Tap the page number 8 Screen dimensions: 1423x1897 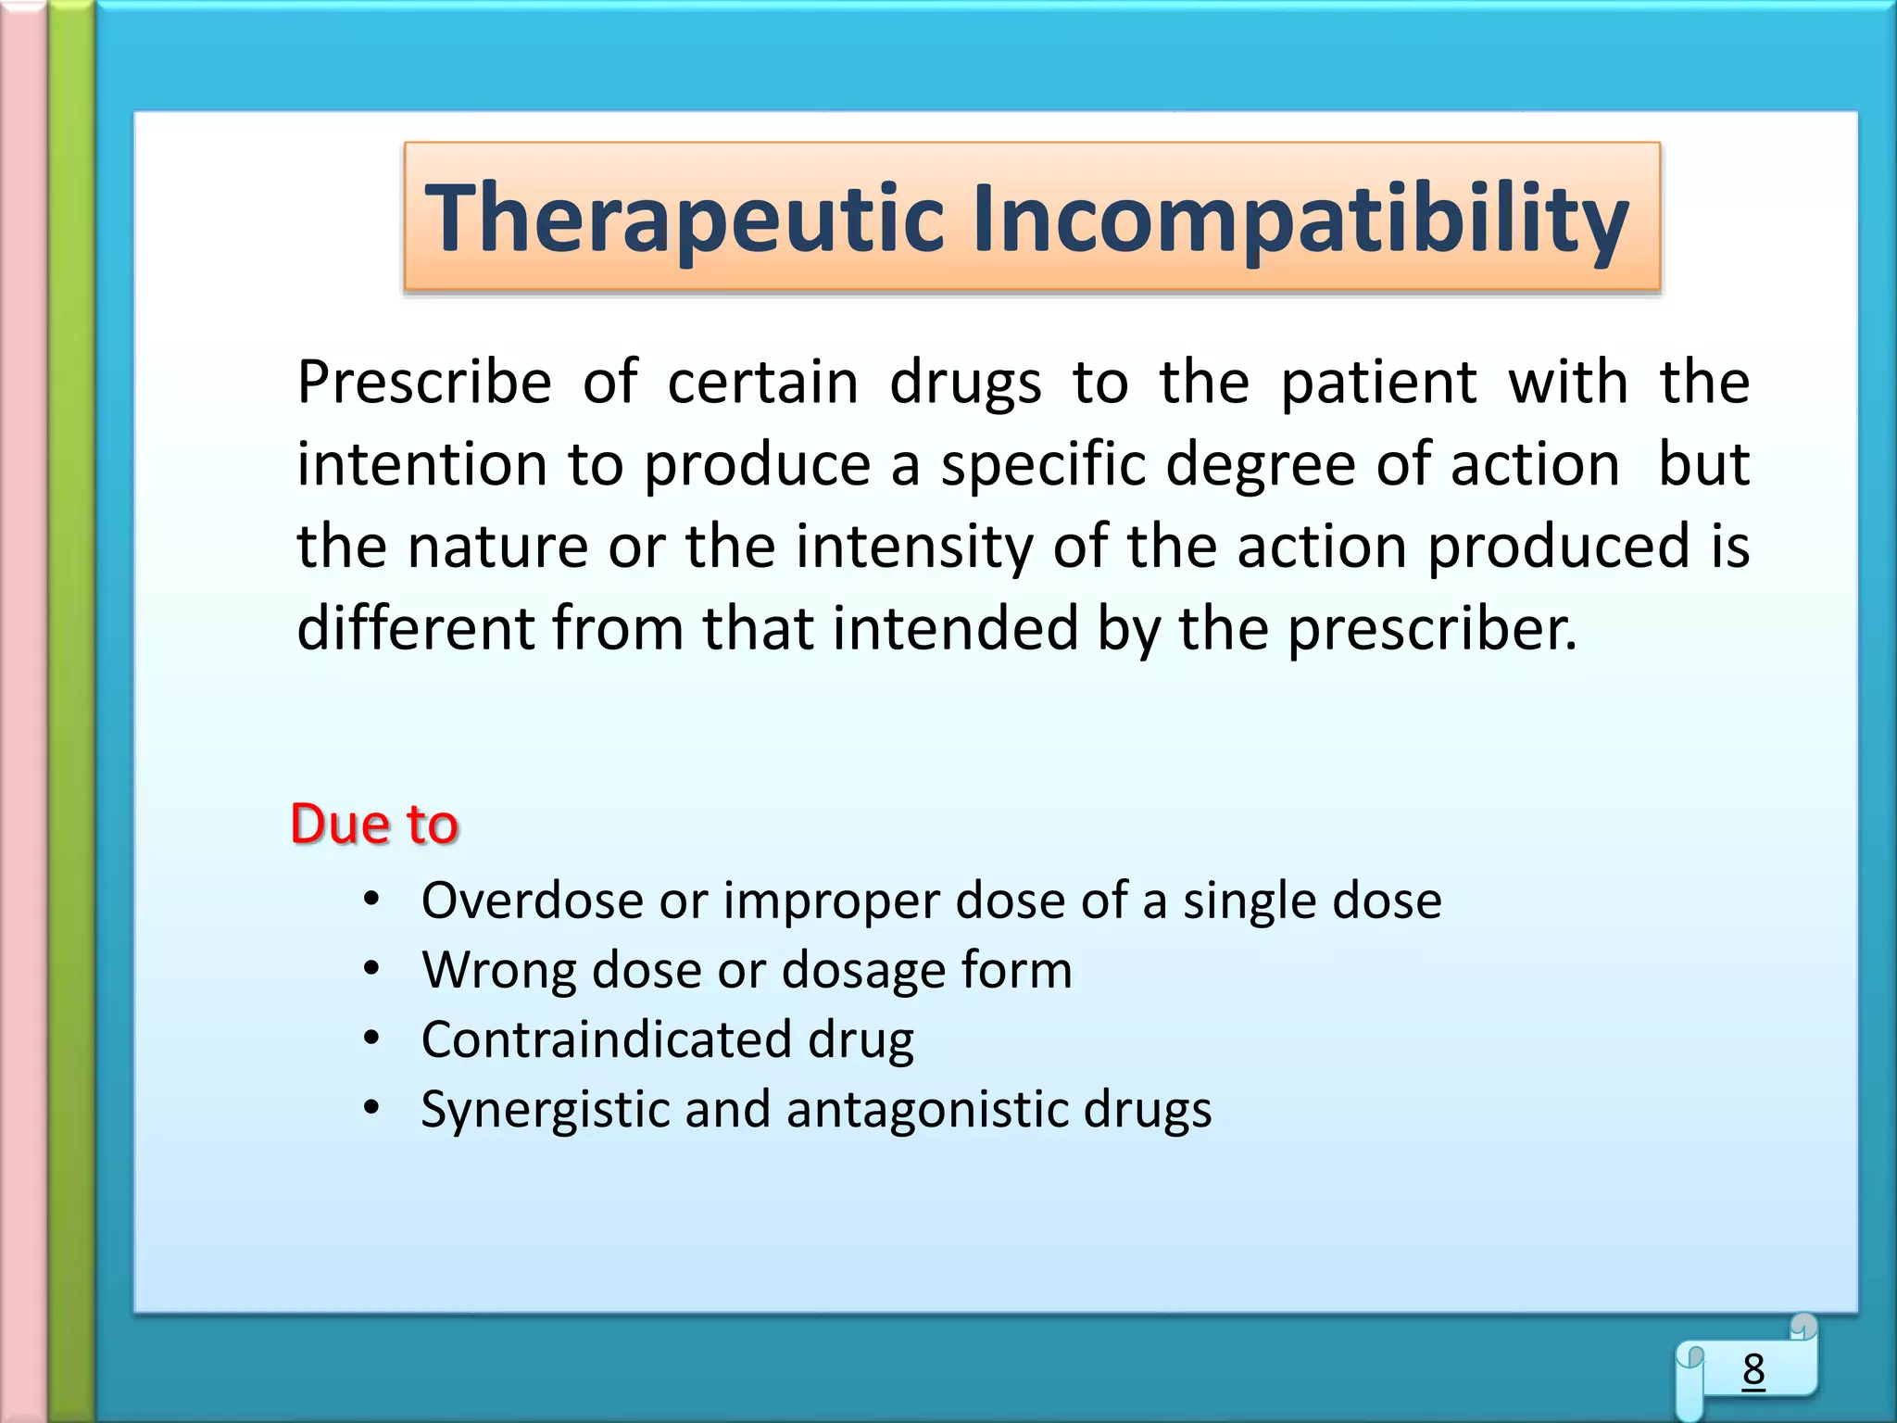1753,1369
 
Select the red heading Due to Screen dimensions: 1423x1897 374,823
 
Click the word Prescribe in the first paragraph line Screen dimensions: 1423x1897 424,383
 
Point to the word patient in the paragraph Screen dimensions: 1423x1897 1378,383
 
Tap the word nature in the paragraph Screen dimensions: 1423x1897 497,547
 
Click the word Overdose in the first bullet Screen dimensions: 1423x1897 532,900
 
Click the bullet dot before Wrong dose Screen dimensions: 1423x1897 371,969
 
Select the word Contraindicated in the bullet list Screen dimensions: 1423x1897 606,1039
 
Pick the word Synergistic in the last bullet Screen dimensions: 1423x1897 544,1110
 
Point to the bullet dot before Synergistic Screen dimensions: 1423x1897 371,1108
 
